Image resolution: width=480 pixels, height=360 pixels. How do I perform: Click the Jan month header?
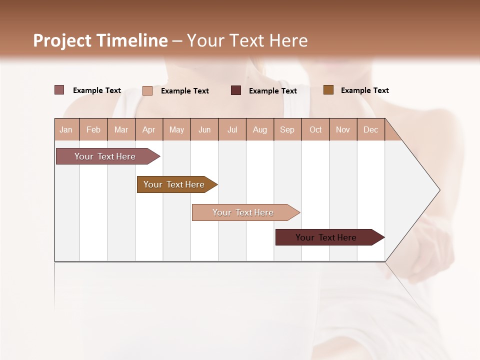point(66,129)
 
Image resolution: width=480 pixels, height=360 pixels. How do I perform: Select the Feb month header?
point(93,129)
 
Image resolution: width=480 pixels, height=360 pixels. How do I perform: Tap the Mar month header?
point(121,129)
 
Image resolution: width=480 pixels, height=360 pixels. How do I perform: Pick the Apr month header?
point(149,129)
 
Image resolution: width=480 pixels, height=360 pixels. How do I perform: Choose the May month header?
point(176,129)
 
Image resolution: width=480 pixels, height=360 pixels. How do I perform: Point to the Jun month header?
point(204,129)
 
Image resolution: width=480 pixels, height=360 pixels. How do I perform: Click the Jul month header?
point(232,129)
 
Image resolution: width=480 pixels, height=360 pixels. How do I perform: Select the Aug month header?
point(260,129)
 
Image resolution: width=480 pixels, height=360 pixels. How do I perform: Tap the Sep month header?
point(287,129)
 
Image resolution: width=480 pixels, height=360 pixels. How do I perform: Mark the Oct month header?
point(315,129)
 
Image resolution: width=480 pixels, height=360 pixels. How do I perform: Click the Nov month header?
point(343,129)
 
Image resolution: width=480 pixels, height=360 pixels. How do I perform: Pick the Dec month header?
point(371,129)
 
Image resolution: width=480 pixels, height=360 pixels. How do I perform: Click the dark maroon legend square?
point(236,90)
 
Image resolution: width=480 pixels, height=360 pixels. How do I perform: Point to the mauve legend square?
point(59,90)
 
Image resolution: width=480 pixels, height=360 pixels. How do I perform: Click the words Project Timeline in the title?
point(100,40)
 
